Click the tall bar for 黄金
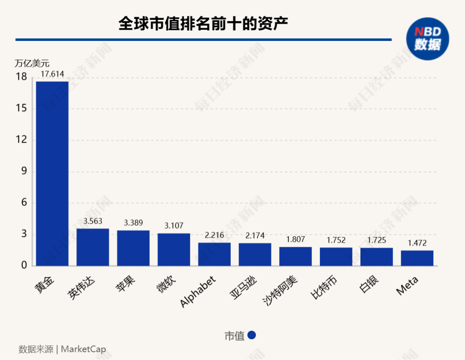click(52, 173)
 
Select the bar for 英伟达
click(93, 247)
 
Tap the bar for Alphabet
click(214, 254)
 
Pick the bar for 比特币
click(336, 257)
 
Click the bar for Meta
click(417, 258)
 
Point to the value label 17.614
click(52, 74)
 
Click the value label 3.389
click(133, 223)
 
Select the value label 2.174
click(255, 236)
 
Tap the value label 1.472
click(417, 243)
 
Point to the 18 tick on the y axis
click(21, 77)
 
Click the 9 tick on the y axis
click(23, 171)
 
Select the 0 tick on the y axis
click(23, 266)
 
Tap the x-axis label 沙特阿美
click(280, 289)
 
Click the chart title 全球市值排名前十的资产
click(203, 24)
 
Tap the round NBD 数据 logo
click(428, 39)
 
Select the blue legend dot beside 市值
click(252, 335)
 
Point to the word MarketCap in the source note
click(84, 349)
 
